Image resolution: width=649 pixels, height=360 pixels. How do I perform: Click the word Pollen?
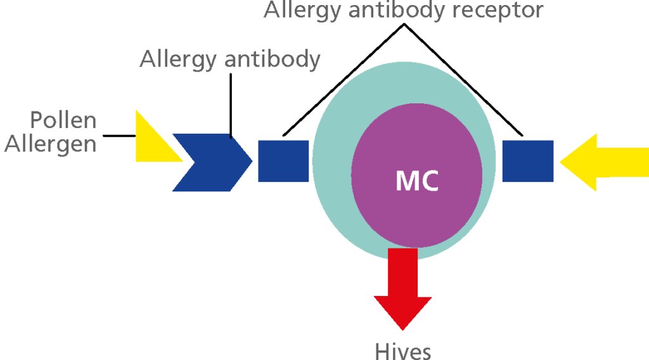click(x=63, y=120)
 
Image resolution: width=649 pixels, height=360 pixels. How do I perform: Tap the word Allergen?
click(x=51, y=144)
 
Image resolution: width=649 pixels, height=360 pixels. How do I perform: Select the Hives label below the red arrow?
click(x=402, y=351)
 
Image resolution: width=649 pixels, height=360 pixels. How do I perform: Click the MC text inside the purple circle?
click(x=417, y=181)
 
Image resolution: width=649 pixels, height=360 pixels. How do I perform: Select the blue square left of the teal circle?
click(x=283, y=161)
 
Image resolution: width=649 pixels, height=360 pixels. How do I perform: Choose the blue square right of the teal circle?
click(x=527, y=161)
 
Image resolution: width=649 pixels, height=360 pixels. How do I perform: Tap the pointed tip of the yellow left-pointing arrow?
click(x=563, y=162)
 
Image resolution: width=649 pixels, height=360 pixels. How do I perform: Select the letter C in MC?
click(x=429, y=181)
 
